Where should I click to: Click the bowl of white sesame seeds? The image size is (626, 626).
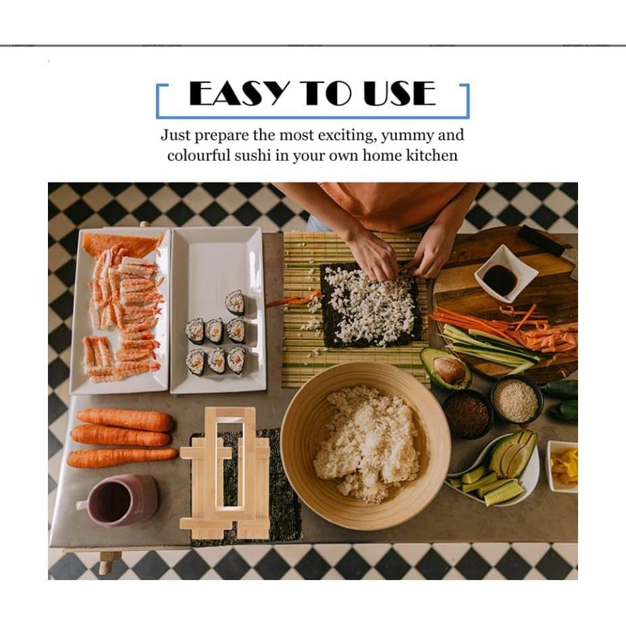coord(516,400)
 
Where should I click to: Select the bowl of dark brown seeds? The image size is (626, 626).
coord(467,414)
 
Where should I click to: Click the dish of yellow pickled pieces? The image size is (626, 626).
coord(563,466)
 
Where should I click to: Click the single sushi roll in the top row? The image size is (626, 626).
coord(235,302)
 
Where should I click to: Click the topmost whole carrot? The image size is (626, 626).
coord(125,419)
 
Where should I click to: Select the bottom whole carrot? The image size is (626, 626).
coord(122,458)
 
